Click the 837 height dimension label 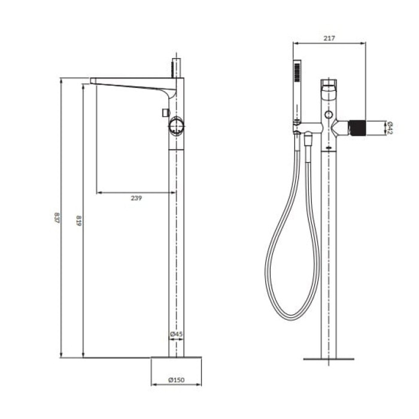tap(56, 218)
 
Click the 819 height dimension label tap(78, 221)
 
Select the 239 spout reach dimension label tap(136, 198)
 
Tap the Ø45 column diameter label tap(177, 334)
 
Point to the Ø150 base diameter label tap(177, 379)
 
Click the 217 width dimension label tap(329, 38)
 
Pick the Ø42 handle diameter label tap(389, 128)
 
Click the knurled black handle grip tap(357, 128)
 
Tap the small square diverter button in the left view tap(166, 113)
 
